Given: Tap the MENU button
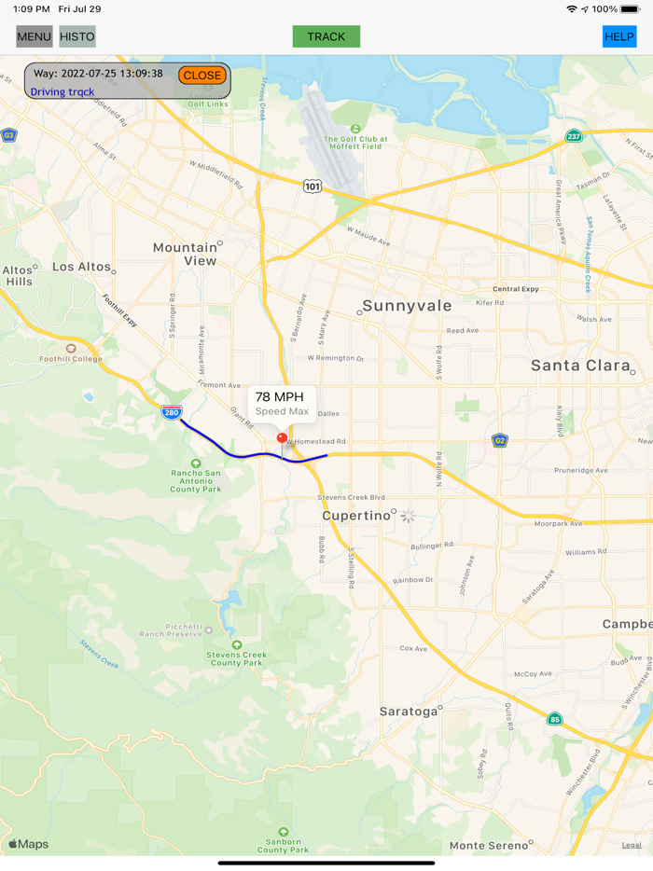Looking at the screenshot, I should [35, 37].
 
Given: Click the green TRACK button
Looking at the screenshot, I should [326, 37].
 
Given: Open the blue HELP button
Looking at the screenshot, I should [619, 37].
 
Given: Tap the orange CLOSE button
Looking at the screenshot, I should [202, 76].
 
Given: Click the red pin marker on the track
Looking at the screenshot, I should [283, 437].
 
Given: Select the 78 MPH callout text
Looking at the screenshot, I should [280, 397].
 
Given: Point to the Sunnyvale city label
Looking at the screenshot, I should [407, 306].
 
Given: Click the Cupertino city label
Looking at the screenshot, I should [355, 516].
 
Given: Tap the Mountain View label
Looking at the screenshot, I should [186, 254].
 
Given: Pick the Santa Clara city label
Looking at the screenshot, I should [580, 366].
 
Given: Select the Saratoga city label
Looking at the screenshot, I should [409, 712].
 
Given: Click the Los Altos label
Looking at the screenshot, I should [82, 267].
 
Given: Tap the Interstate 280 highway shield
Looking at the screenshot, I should [172, 412].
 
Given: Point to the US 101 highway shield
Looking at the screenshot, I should [313, 187].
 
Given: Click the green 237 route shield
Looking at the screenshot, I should [573, 137].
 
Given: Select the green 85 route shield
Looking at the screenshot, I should [555, 719].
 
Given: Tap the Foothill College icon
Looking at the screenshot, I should [71, 349].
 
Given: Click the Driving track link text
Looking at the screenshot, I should [63, 92].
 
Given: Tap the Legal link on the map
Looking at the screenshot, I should [632, 845].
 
